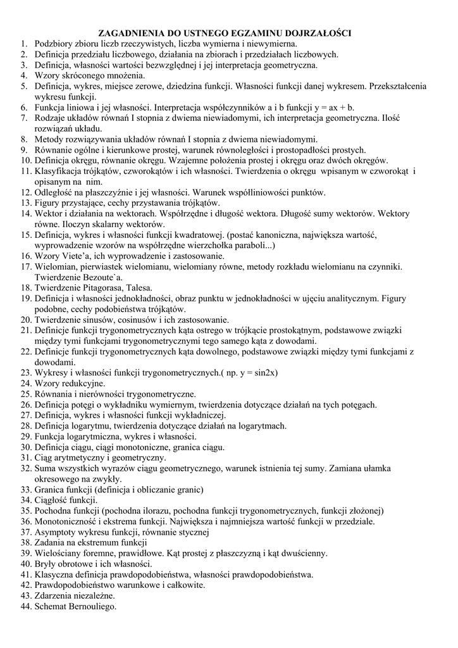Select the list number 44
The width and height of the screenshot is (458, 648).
[25, 606]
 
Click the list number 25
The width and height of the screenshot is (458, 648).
[25, 394]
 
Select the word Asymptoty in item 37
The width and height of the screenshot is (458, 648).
[58, 532]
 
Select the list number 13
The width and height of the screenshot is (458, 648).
[25, 202]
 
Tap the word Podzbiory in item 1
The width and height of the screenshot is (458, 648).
[56, 44]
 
